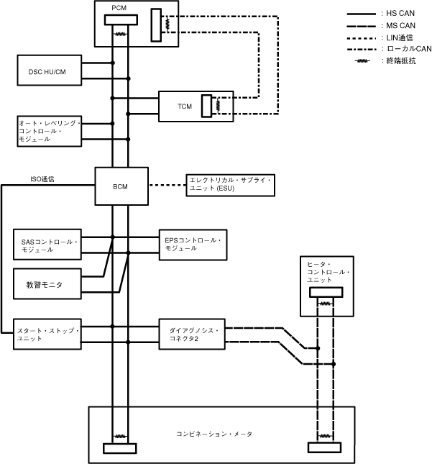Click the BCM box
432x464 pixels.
pos(121,186)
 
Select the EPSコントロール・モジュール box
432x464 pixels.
pos(193,244)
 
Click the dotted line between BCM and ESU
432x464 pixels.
pos(166,184)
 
